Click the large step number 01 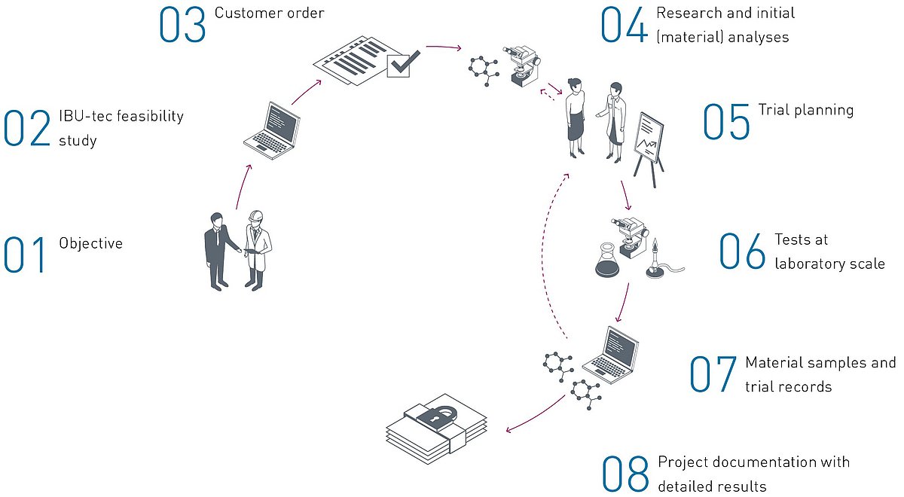tap(24, 255)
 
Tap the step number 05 tap(726, 122)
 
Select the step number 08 tap(625, 474)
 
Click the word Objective tap(91, 244)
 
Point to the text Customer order tap(269, 13)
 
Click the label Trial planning tap(806, 111)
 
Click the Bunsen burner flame tap(655, 245)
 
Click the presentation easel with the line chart tap(649, 149)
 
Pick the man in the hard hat tap(257, 250)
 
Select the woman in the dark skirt tap(575, 117)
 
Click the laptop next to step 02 tap(272, 131)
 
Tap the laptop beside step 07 tap(611, 355)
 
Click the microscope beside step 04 tap(522, 66)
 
